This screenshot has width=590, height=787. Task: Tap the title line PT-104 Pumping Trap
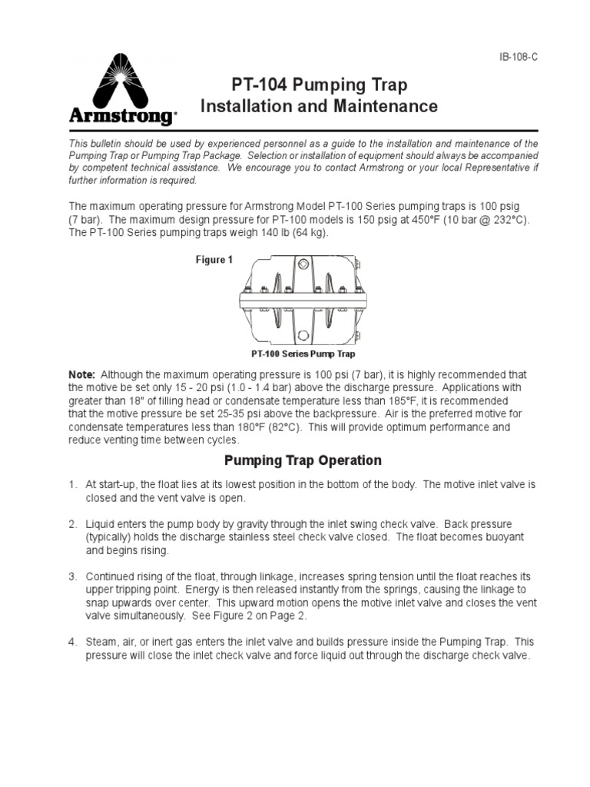(319, 84)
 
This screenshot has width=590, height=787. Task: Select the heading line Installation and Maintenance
(319, 106)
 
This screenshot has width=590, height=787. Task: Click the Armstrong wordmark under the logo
(121, 117)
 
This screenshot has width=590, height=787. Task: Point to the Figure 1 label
(213, 260)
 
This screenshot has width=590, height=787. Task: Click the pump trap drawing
(303, 303)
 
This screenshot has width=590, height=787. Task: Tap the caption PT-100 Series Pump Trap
(303, 354)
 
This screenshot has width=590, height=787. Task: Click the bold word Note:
(82, 374)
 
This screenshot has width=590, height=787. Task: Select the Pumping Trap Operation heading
(302, 461)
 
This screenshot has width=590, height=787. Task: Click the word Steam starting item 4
(100, 641)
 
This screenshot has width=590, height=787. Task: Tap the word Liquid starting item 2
(101, 524)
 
